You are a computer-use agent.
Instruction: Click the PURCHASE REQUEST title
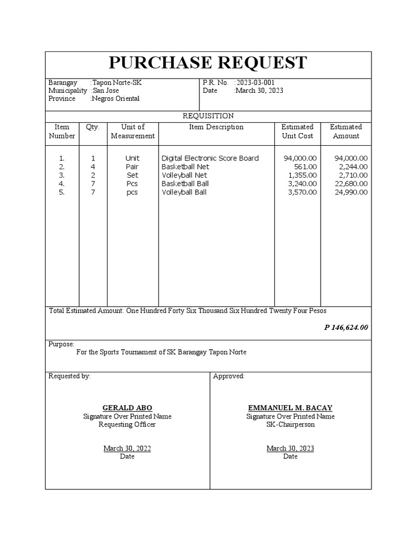[208, 62]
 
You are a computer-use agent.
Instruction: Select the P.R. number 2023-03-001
[254, 83]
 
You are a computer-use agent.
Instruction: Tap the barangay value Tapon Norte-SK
[116, 83]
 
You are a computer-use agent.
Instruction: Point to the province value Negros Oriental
[115, 99]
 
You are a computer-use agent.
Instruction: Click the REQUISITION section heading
[208, 116]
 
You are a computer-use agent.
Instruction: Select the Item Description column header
[216, 127]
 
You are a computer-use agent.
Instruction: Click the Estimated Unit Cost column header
[297, 131]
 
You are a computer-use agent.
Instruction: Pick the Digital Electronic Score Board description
[210, 158]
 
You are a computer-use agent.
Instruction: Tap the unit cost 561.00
[305, 167]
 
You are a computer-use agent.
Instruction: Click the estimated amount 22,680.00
[351, 184]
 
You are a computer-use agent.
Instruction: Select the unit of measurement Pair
[132, 167]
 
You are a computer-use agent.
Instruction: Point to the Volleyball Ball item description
[184, 192]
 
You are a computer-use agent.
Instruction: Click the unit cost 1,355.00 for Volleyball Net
[302, 175]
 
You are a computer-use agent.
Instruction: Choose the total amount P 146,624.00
[346, 327]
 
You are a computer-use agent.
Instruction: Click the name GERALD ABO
[127, 407]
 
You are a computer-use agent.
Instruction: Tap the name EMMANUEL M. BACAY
[290, 407]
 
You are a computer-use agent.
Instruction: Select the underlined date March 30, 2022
[127, 448]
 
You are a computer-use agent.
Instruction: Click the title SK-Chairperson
[290, 424]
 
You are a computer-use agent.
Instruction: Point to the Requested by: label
[69, 376]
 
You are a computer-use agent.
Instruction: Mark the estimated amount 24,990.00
[351, 192]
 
